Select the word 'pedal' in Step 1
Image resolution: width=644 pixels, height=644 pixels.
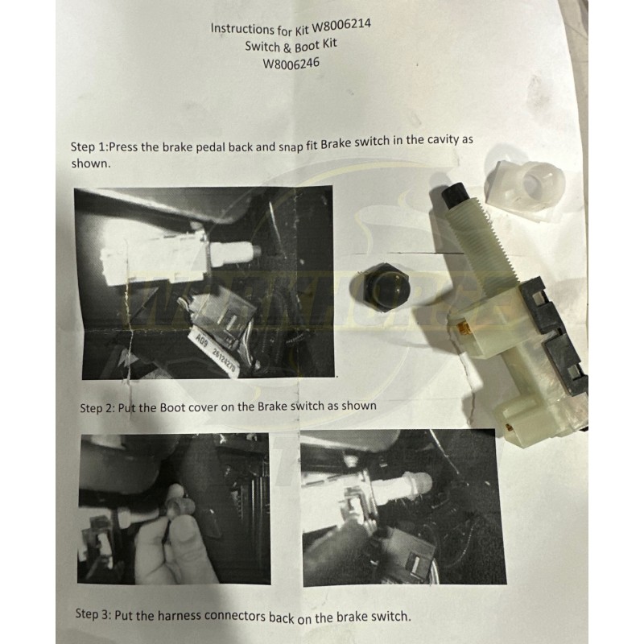tap(208, 146)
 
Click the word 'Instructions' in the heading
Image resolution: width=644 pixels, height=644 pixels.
tap(239, 28)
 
